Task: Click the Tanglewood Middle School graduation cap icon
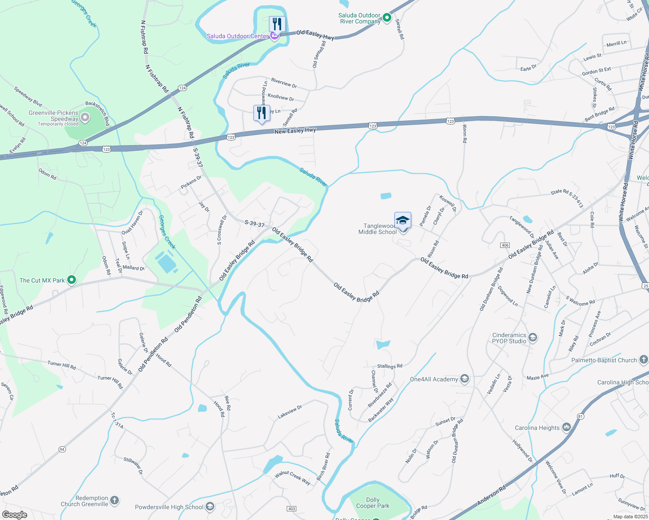point(403,220)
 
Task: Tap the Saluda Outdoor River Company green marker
point(387,18)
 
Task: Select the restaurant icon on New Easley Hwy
point(262,114)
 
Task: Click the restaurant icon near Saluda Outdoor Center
point(277,24)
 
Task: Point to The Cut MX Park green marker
point(72,280)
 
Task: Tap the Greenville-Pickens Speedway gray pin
point(85,117)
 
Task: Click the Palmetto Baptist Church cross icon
point(643,360)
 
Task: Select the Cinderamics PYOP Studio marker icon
point(533,338)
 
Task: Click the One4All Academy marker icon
point(465,379)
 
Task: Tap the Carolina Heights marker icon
point(566,428)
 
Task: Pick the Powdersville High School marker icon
point(210,507)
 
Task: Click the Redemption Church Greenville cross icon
point(115,501)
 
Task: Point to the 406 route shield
point(505,245)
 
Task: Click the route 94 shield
point(62,449)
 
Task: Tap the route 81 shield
point(580,416)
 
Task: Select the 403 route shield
point(292,508)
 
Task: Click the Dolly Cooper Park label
point(373,503)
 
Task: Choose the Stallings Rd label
point(390,366)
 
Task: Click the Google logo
point(15,514)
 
